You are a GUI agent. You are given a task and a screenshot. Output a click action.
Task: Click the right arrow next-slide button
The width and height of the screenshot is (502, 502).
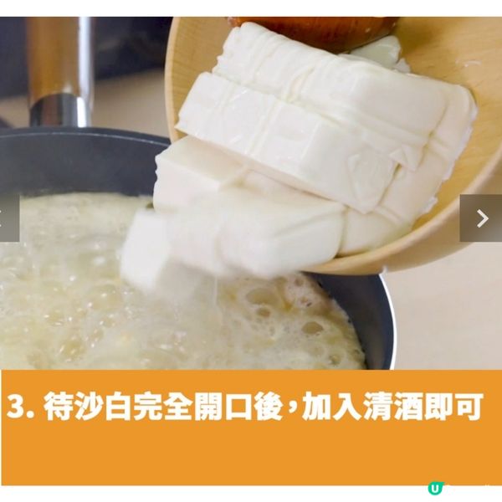(x=481, y=218)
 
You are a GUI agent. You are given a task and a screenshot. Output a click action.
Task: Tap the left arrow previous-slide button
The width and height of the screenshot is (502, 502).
(x=7, y=218)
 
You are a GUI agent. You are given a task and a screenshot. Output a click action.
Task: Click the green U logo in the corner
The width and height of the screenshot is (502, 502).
(x=434, y=489)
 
